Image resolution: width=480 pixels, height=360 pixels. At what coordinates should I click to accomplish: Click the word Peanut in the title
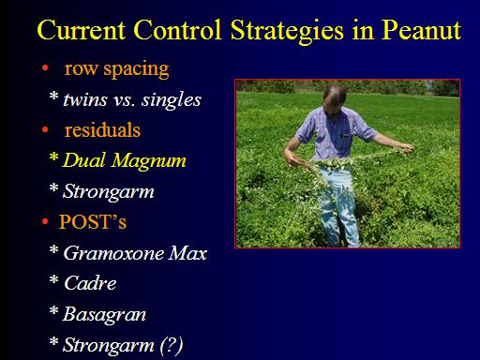[x=421, y=30]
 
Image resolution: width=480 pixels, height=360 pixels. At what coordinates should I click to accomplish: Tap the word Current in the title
[x=82, y=30]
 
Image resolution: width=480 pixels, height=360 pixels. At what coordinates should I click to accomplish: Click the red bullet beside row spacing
[x=45, y=67]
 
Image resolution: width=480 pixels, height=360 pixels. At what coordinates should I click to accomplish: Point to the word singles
[x=172, y=100]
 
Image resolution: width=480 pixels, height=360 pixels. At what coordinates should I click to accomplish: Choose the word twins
[x=85, y=100]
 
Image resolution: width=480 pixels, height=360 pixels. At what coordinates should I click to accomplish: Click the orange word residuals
[x=102, y=130]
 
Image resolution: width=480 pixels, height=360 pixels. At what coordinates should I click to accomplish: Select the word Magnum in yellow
[x=149, y=161]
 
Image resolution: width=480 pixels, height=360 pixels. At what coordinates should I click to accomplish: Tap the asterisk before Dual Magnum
[x=53, y=157]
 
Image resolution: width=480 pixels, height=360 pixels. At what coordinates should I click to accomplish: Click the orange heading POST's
[x=93, y=222]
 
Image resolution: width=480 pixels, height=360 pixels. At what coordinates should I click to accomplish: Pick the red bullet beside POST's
[x=45, y=222]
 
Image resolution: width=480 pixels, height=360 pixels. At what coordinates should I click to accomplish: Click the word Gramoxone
[x=113, y=253]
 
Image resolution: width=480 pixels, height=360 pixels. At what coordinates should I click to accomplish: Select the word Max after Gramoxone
[x=187, y=253]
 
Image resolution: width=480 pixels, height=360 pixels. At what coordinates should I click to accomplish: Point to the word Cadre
[x=90, y=283]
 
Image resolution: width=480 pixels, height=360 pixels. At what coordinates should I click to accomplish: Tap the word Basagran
[x=104, y=314]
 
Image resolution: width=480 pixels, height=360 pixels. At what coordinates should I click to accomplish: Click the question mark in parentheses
[x=172, y=345]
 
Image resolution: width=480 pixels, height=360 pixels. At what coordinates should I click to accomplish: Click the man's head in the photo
[x=335, y=100]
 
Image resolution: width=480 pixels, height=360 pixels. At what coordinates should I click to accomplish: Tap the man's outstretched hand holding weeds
[x=407, y=148]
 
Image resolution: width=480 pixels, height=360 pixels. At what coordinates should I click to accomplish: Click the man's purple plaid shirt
[x=335, y=134]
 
